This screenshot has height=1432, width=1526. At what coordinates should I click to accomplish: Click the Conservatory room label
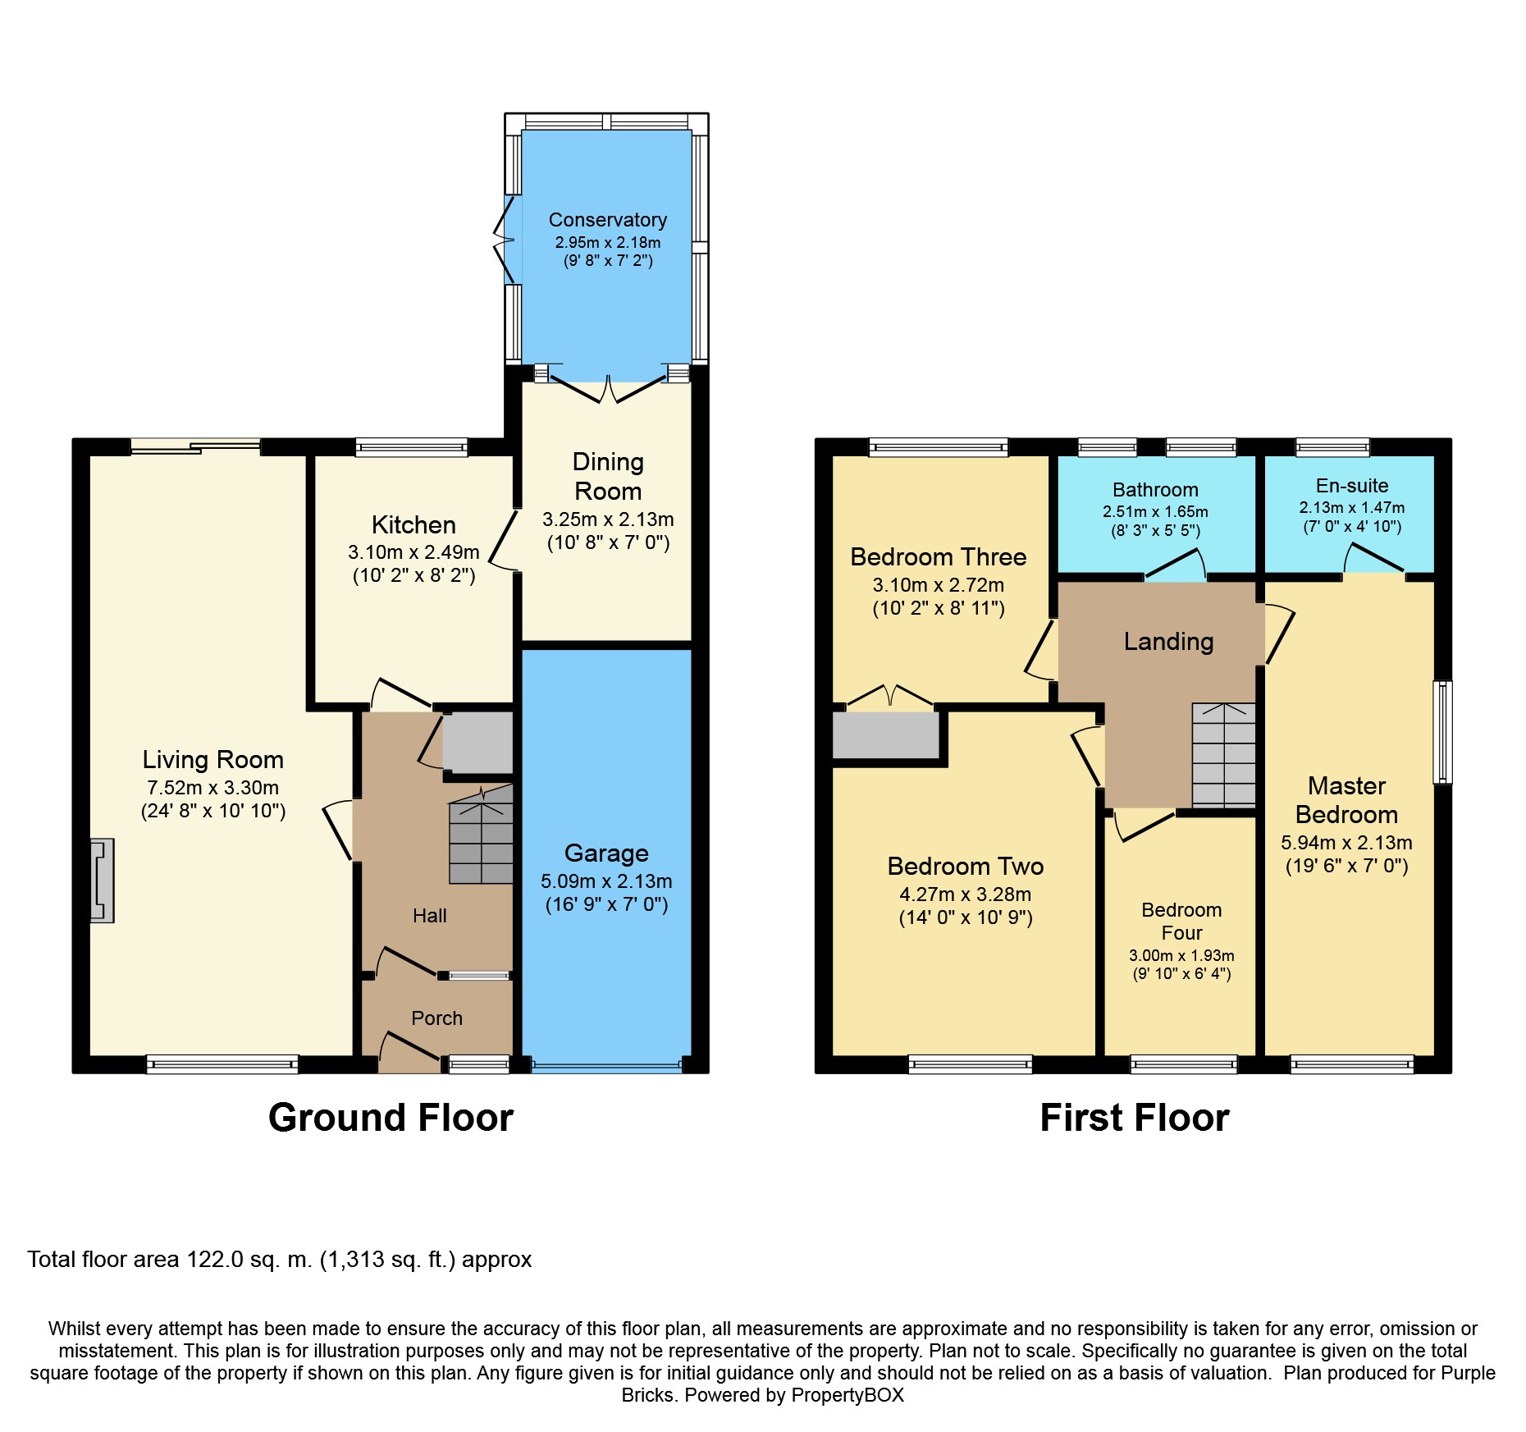tap(607, 220)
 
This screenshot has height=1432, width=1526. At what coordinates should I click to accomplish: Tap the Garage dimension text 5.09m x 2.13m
tap(606, 881)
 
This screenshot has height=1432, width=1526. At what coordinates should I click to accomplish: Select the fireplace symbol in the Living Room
tap(102, 881)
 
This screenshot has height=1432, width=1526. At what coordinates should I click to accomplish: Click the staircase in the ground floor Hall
tap(481, 834)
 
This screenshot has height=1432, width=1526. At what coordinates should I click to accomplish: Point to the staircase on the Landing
tap(1223, 754)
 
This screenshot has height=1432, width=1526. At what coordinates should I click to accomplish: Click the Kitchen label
tap(413, 525)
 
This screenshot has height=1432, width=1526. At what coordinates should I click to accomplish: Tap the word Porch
tap(436, 1018)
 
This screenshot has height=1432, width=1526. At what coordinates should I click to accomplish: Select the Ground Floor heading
tap(391, 1118)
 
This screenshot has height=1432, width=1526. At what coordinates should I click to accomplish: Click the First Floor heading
tap(1135, 1118)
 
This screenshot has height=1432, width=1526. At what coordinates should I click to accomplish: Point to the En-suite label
tap(1352, 486)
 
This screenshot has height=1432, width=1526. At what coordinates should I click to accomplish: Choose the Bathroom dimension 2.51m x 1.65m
tap(1155, 512)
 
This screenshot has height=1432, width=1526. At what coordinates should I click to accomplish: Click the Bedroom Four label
tap(1181, 922)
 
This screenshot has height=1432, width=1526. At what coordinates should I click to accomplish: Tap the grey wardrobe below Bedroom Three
tap(886, 735)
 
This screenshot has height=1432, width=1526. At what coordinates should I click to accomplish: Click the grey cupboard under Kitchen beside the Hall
tap(478, 743)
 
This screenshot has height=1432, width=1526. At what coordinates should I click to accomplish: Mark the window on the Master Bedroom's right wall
tap(1443, 732)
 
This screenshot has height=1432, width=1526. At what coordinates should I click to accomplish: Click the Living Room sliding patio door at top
tap(195, 446)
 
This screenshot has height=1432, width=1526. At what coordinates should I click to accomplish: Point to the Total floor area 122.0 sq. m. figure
tap(280, 1260)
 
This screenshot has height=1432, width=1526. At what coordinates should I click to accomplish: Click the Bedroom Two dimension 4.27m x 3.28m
tap(966, 894)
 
